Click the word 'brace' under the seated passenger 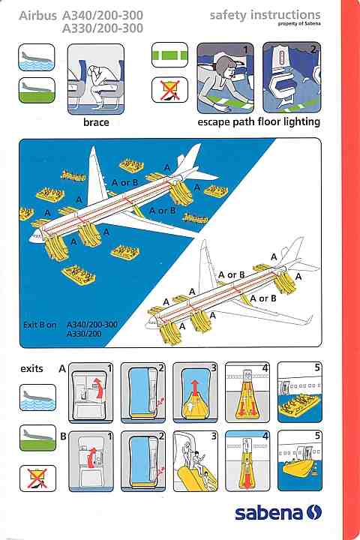click(96, 122)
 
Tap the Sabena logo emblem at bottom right click(313, 512)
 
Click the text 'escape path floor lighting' click(259, 122)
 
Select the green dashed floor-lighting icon click(169, 55)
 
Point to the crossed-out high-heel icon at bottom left click(37, 478)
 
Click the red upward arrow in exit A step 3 click(195, 388)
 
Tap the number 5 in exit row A click(317, 367)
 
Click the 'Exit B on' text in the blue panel click(40, 325)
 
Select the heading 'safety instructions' click(265, 14)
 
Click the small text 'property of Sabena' click(299, 24)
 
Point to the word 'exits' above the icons click(31, 369)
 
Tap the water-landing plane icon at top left click(37, 57)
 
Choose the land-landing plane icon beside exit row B click(37, 438)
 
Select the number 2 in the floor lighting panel click(313, 49)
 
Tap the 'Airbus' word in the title click(38, 16)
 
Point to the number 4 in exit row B click(265, 436)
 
